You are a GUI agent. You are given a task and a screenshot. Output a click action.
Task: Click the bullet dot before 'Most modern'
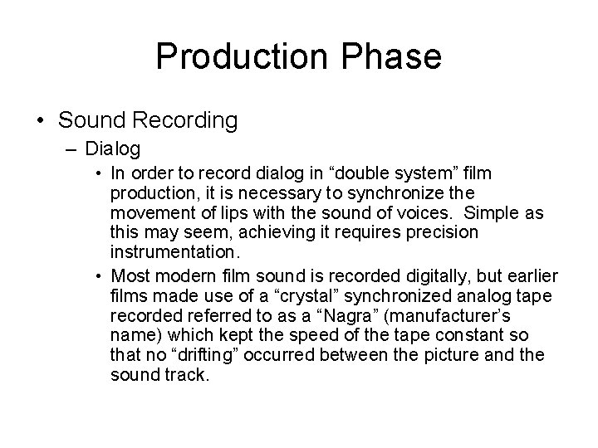tap(98, 275)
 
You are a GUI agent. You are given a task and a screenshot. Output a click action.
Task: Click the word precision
tap(438, 232)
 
